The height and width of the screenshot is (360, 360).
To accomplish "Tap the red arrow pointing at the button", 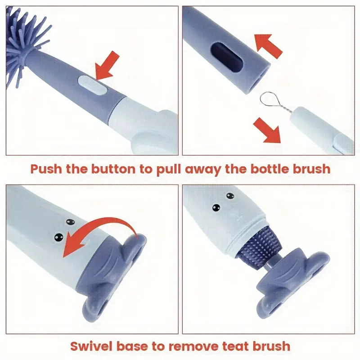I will [x=109, y=65].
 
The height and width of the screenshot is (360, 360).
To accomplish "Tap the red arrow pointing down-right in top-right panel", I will [x=266, y=130].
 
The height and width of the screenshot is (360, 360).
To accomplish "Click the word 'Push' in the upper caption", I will [x=45, y=169].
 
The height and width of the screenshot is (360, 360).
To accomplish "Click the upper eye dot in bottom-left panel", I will [x=69, y=222].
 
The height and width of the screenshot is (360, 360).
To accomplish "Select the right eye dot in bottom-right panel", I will [x=231, y=196].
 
